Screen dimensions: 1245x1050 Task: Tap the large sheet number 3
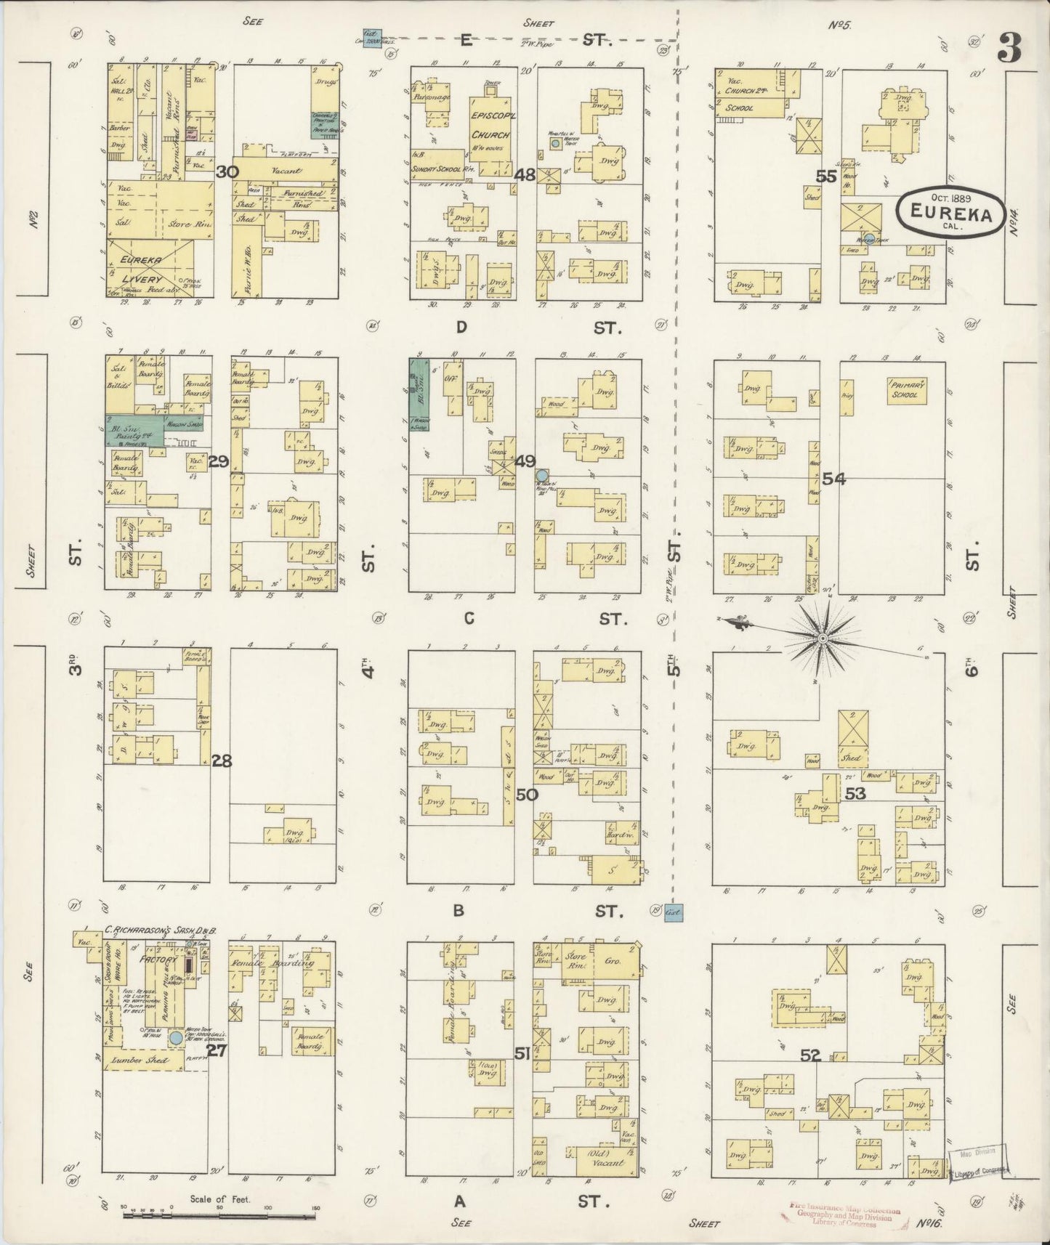coord(1009,49)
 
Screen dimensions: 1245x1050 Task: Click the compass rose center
coord(822,638)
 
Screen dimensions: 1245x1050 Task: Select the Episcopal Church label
coord(490,128)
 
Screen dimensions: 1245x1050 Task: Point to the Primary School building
coord(905,391)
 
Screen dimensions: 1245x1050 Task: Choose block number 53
coord(855,794)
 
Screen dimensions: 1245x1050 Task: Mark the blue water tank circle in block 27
coord(176,1038)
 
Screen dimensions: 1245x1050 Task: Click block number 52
coord(810,1055)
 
